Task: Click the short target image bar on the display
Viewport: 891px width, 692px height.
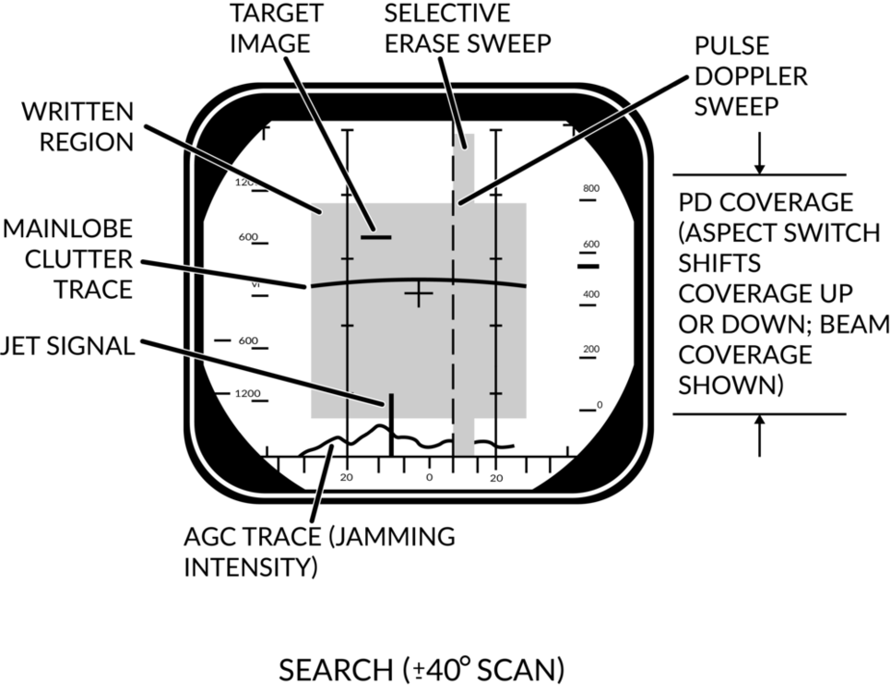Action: pyautogui.click(x=376, y=236)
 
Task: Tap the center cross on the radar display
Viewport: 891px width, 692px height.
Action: pyautogui.click(x=419, y=293)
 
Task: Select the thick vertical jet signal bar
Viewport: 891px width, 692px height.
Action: pyautogui.click(x=391, y=424)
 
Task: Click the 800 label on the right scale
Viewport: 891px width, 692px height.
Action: pyautogui.click(x=591, y=188)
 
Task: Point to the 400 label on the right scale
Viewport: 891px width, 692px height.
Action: pyautogui.click(x=591, y=294)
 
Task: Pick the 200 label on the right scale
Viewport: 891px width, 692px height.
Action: pyautogui.click(x=591, y=349)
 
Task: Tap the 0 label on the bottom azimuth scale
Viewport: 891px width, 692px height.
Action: pyautogui.click(x=429, y=477)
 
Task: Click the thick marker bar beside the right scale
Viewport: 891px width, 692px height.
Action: pyautogui.click(x=588, y=266)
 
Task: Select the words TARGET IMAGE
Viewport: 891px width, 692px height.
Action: pyautogui.click(x=277, y=29)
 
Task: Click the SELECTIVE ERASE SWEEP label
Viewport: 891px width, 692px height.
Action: pyautogui.click(x=468, y=29)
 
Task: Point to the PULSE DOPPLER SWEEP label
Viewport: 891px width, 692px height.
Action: pyautogui.click(x=751, y=77)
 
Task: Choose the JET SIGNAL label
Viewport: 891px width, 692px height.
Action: pyautogui.click(x=67, y=346)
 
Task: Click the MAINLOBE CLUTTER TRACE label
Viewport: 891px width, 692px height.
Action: pyautogui.click(x=67, y=259)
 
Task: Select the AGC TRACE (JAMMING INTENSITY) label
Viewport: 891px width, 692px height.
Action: pyautogui.click(x=319, y=552)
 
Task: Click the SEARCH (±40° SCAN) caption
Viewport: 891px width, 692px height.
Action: pyautogui.click(x=422, y=670)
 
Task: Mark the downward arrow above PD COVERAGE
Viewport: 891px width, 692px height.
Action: pyautogui.click(x=759, y=153)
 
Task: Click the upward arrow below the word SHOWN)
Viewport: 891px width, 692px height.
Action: pyautogui.click(x=759, y=435)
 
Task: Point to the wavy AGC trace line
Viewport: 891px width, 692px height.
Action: pyautogui.click(x=406, y=439)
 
